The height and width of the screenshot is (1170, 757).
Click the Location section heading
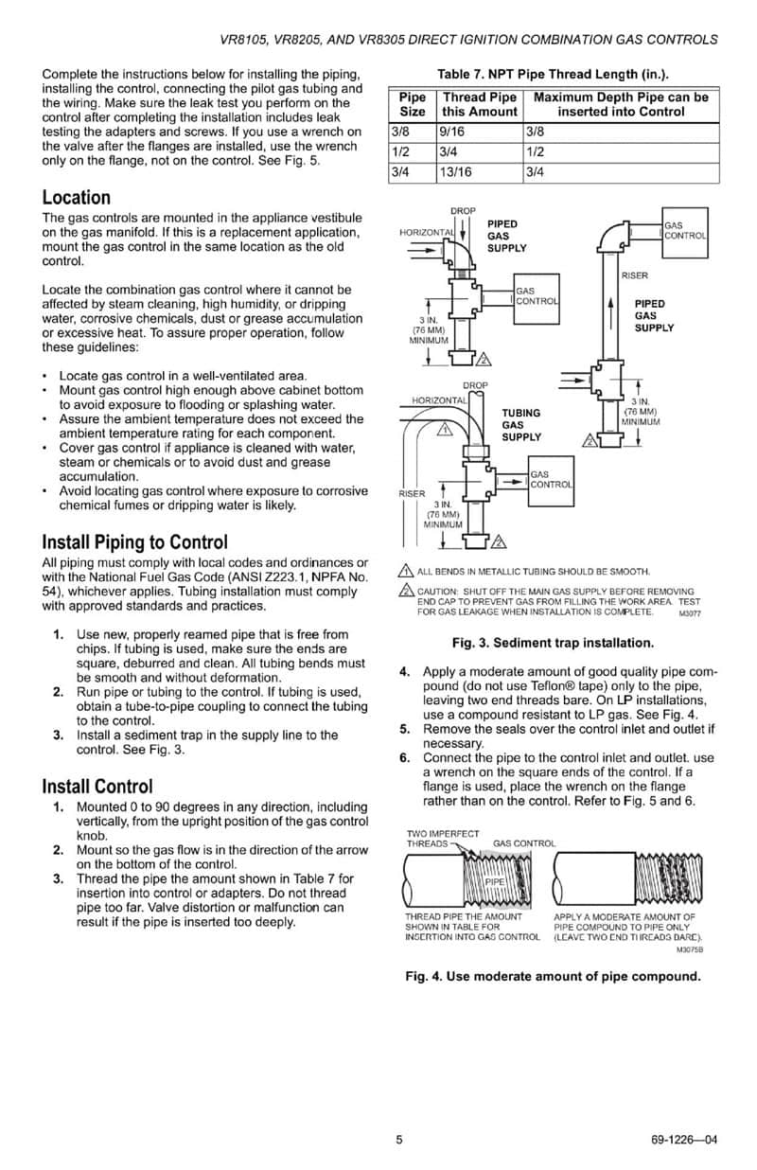77,198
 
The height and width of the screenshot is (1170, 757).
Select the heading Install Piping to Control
134,542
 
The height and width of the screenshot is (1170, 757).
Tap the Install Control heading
97,787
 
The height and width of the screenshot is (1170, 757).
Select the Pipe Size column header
413,104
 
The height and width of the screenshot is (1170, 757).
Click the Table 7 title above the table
553,74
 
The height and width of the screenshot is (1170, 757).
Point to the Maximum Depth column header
621,104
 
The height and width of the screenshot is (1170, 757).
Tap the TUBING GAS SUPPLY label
521,425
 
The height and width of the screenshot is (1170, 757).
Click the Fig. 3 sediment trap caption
553,643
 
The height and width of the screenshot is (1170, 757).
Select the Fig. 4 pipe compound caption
553,976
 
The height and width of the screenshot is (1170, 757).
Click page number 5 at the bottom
399,1139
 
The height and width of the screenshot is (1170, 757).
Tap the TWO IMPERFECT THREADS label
443,838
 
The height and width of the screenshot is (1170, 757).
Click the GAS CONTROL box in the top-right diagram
684,230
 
